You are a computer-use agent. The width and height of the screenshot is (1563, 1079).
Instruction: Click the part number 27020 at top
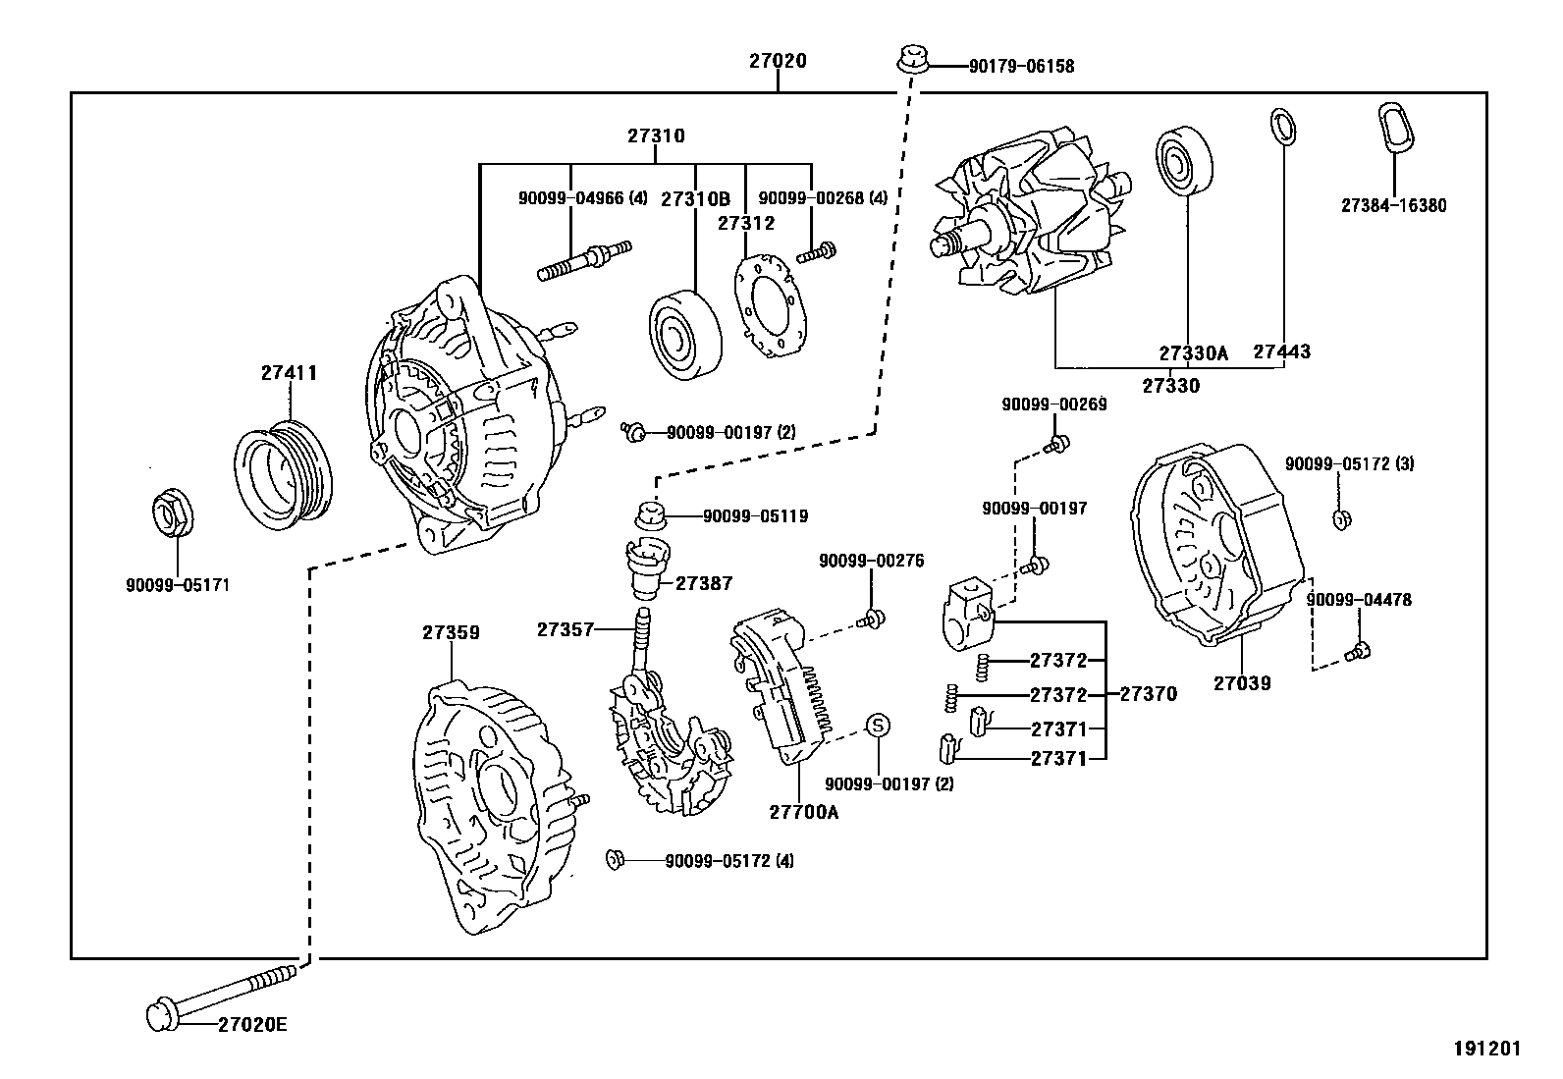[778, 61]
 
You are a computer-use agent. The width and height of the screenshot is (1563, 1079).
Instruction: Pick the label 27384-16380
[1392, 206]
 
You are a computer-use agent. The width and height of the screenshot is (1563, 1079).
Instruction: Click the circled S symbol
[878, 726]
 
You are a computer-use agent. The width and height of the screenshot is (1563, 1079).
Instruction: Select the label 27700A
[803, 812]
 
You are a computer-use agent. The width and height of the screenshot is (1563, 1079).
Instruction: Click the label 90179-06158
[1021, 67]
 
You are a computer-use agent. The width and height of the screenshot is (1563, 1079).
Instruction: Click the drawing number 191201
[1485, 1049]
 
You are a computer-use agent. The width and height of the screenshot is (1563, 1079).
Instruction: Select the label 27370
[1148, 694]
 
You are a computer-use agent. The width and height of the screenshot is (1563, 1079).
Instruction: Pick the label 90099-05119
[755, 516]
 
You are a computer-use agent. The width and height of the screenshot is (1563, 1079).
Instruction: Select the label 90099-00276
[871, 561]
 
